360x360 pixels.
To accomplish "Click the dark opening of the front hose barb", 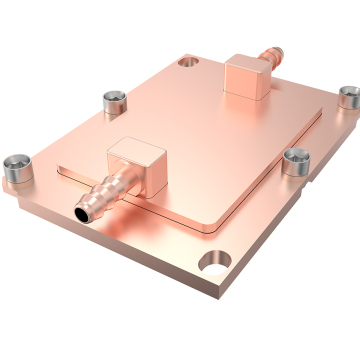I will (x=78, y=212).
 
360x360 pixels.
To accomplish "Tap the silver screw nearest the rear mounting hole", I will (x=112, y=101).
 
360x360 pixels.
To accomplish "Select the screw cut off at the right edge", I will (x=349, y=97).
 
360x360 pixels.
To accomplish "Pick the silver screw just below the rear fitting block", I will (x=295, y=159).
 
